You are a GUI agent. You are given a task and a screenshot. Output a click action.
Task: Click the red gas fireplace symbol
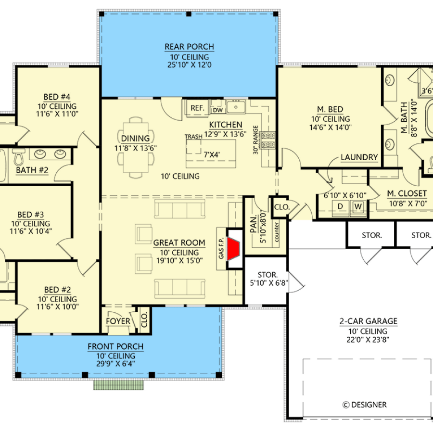(x=233, y=248)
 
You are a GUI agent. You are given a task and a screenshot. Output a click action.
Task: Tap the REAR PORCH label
(x=189, y=47)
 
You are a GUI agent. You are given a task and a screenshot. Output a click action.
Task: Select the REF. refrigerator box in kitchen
(x=197, y=108)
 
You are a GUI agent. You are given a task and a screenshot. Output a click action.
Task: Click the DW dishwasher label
(x=218, y=110)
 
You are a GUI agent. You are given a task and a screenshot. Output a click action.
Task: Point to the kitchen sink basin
(x=236, y=107)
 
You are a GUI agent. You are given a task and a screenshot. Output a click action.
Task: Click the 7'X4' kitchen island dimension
(x=212, y=154)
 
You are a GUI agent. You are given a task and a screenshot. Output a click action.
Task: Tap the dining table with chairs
(x=136, y=148)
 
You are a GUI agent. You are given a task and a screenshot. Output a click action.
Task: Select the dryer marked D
(x=340, y=206)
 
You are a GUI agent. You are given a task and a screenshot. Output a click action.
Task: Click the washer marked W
(x=358, y=206)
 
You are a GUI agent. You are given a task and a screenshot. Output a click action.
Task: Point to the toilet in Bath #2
(x=18, y=156)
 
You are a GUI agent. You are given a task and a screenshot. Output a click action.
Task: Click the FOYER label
(x=118, y=321)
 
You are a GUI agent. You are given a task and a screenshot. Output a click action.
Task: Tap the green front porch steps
(x=118, y=385)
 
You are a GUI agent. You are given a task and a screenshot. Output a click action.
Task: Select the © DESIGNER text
(x=365, y=405)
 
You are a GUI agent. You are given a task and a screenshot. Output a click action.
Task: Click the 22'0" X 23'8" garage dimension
(x=368, y=339)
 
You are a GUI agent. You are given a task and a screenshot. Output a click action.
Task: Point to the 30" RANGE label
(x=256, y=140)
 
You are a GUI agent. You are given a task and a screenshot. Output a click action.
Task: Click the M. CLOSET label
(x=407, y=193)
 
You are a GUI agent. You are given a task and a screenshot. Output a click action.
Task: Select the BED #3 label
(x=30, y=215)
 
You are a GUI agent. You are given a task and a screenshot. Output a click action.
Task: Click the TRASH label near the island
(x=193, y=137)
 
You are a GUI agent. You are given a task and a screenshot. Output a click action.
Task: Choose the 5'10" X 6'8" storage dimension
(x=269, y=283)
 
